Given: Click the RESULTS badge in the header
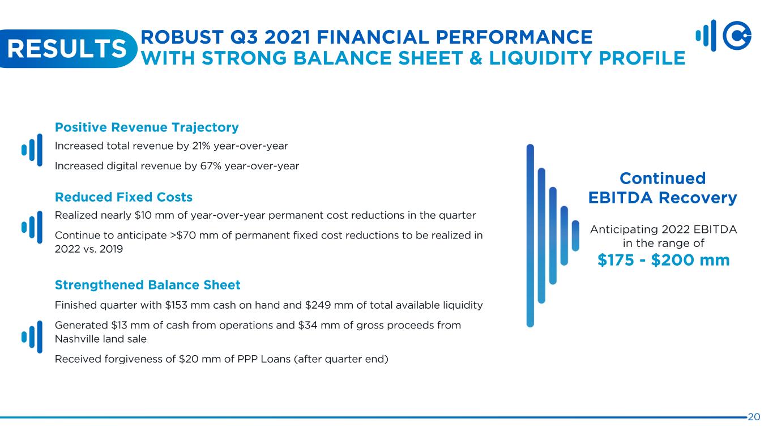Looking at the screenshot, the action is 67,49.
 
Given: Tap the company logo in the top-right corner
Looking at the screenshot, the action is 724,36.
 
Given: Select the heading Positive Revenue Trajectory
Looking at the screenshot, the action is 147,127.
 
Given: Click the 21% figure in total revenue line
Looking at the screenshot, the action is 201,146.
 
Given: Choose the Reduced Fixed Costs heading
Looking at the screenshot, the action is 123,197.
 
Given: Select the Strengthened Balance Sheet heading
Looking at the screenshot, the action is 147,285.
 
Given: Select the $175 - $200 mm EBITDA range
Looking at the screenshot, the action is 663,260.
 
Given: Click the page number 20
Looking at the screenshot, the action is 754,417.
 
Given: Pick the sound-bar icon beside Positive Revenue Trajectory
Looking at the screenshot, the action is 32,150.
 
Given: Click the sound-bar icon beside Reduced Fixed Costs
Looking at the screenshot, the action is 32,227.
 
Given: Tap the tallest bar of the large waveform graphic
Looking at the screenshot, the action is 530,236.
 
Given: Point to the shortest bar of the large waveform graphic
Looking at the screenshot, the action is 575,236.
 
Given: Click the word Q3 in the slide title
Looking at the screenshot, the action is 244,37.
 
